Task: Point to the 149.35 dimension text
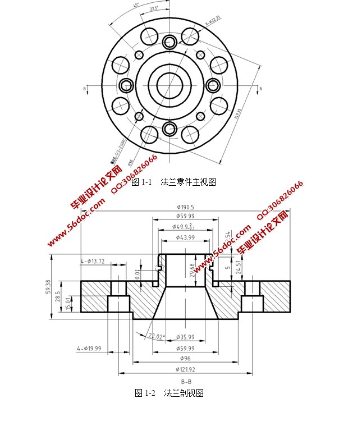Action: point(238,114)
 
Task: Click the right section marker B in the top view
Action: point(260,88)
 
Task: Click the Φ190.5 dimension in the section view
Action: point(185,207)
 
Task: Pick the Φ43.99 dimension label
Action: point(185,237)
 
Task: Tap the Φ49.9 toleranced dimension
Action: point(185,227)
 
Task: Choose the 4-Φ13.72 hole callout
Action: point(93,261)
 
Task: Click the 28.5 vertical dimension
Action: point(58,296)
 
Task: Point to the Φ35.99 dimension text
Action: point(185,337)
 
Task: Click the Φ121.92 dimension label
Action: point(185,369)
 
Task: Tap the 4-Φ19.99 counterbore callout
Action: point(89,349)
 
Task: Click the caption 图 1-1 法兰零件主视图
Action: point(173,182)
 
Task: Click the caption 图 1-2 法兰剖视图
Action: point(169,393)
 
